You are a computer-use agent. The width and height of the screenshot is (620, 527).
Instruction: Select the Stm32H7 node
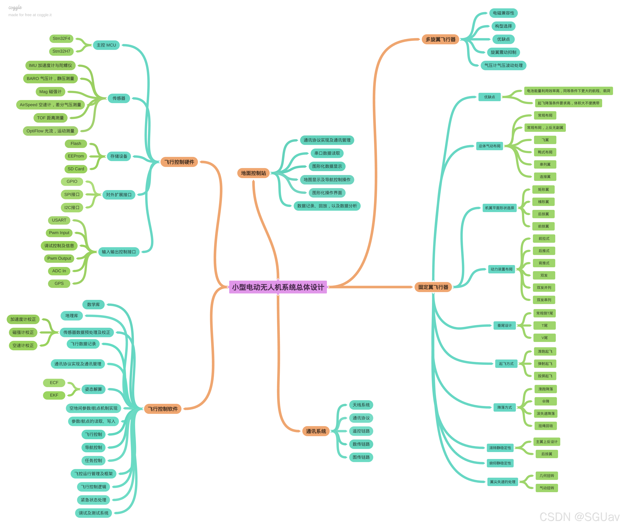61,51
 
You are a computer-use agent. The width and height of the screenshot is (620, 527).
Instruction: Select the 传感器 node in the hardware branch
119,98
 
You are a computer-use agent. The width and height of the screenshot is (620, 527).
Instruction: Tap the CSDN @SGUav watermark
579,517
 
